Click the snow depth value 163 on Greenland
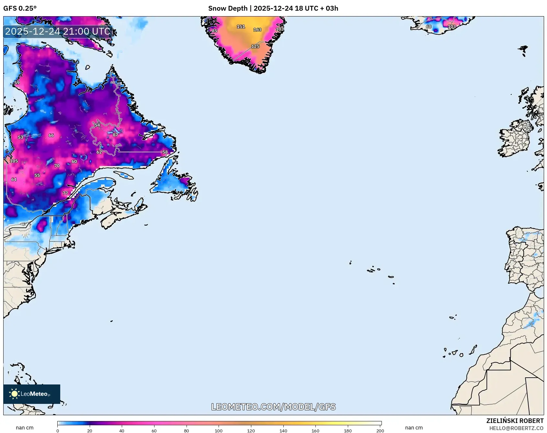(257, 30)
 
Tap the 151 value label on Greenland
(241, 27)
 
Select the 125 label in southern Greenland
(255, 46)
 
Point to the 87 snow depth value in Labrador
(115, 135)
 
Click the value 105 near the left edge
(14, 161)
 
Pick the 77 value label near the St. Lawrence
(65, 193)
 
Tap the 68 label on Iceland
(428, 27)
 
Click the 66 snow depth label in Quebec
(51, 135)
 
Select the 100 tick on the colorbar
(219, 430)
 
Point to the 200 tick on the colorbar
(380, 430)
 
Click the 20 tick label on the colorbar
(90, 430)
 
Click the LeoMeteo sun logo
(14, 394)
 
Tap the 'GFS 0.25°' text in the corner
(20, 8)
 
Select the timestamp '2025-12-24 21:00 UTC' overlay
(58, 31)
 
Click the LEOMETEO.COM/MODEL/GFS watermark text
(273, 407)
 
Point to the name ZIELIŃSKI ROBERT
(515, 421)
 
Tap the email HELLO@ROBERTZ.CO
(516, 428)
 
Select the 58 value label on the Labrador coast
(165, 152)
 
